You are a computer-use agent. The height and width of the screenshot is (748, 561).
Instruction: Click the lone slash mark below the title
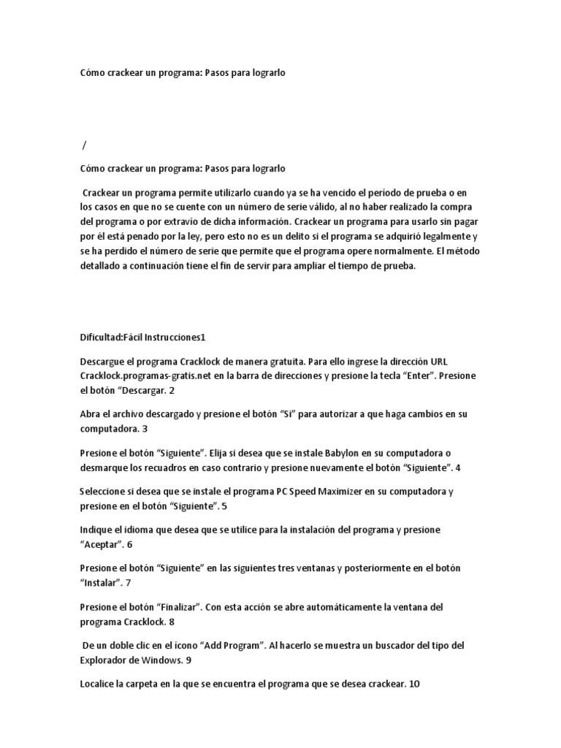tap(85, 146)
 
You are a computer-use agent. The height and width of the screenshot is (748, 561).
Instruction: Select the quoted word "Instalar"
tap(101, 582)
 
